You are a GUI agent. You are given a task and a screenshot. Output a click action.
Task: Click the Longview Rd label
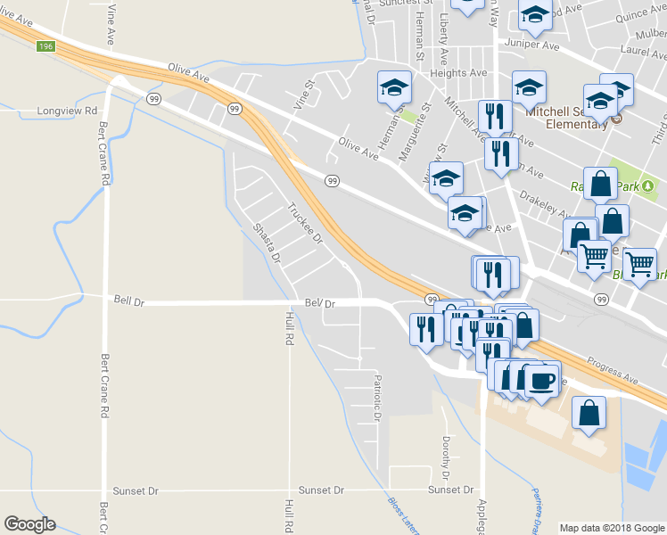point(66,111)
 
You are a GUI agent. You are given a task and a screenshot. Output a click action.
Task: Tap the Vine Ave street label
point(111,24)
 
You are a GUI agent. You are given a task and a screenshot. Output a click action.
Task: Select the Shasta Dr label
point(268,243)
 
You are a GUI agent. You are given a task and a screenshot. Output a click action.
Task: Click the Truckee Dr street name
point(304,224)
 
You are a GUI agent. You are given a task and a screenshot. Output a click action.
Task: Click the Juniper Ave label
point(531,43)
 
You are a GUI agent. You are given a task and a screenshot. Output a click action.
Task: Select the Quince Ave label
point(642,13)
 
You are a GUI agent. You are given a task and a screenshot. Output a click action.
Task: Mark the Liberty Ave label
point(443,40)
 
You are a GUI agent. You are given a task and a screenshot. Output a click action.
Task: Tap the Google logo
point(29,524)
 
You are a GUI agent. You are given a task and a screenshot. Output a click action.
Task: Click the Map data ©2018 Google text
point(611,528)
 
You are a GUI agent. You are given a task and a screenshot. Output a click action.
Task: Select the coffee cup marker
point(542,381)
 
